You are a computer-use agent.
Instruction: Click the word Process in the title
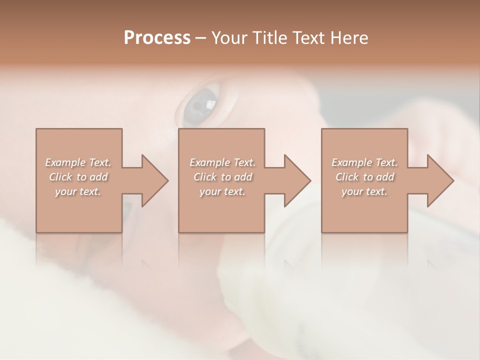point(157,38)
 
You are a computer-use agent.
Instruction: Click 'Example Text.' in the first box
point(78,162)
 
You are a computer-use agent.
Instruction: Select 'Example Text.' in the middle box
point(222,162)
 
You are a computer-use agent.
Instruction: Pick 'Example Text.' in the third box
point(364,162)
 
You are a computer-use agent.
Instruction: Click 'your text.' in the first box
point(78,191)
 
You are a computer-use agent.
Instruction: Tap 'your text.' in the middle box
point(222,191)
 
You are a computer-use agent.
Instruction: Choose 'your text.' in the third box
point(364,191)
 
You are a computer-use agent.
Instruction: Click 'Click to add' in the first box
point(78,177)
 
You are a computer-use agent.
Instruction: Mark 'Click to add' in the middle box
point(222,177)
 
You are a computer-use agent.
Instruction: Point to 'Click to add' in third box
point(364,177)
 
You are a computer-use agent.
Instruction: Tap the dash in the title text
point(201,38)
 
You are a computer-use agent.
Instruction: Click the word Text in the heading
point(305,38)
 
